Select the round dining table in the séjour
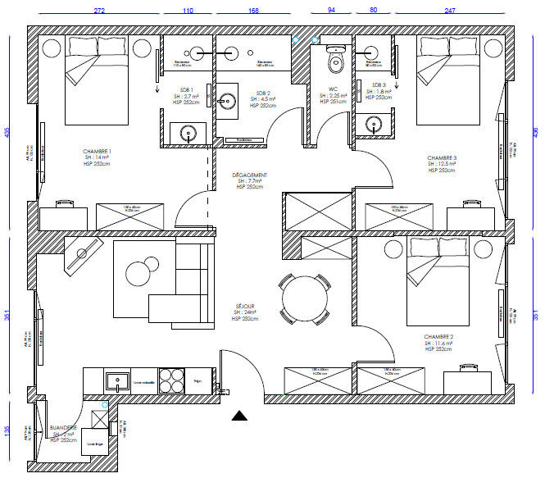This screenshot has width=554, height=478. tap(303, 298)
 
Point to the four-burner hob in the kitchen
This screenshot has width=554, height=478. tap(171, 380)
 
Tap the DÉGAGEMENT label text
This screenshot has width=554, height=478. tap(250, 175)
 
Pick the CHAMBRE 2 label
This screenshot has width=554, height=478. tap(439, 337)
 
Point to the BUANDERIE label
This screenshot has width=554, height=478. tap(63, 428)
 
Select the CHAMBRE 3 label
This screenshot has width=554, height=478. tap(443, 158)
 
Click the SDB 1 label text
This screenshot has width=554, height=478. tap(186, 90)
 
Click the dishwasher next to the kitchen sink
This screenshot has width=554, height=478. tap(144, 381)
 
